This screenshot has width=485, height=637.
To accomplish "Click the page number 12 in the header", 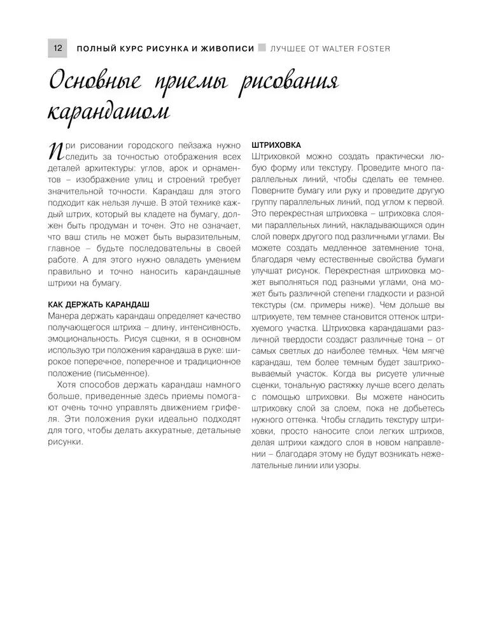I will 57,48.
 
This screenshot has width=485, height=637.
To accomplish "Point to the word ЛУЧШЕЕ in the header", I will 290,48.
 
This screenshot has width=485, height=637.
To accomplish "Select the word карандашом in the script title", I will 109,113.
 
